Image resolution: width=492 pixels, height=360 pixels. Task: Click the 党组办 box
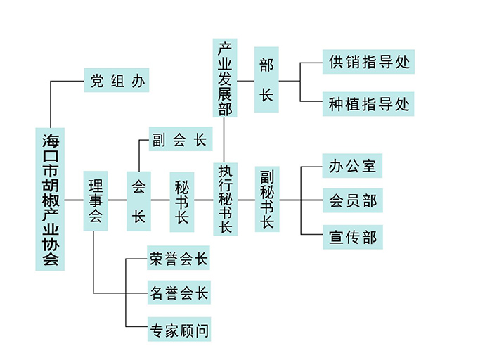(117, 81)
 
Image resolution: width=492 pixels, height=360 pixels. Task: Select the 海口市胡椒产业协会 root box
(50, 200)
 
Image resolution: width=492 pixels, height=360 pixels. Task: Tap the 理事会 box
(95, 200)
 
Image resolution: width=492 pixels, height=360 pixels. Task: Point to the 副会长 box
(180, 140)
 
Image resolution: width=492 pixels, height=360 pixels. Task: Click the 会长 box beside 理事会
(138, 201)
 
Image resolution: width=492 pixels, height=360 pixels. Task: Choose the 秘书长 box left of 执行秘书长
(182, 201)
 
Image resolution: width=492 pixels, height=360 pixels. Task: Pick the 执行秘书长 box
(225, 199)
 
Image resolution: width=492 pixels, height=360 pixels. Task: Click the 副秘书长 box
(267, 199)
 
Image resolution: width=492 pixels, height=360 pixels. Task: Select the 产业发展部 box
(224, 77)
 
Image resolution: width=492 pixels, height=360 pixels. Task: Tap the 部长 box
(266, 80)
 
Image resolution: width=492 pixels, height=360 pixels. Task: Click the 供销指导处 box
(368, 61)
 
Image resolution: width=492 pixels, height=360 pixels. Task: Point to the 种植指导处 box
(368, 105)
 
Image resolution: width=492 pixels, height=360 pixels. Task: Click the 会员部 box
(352, 201)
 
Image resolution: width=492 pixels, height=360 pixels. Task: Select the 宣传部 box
(352, 237)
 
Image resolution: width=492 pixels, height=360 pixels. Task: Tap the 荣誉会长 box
(179, 259)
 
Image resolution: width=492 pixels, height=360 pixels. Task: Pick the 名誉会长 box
(179, 293)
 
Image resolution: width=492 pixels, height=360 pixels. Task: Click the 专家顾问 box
(179, 329)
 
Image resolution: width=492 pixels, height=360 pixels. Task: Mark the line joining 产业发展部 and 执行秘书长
(224, 139)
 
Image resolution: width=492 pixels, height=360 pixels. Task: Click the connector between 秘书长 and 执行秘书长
(204, 200)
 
